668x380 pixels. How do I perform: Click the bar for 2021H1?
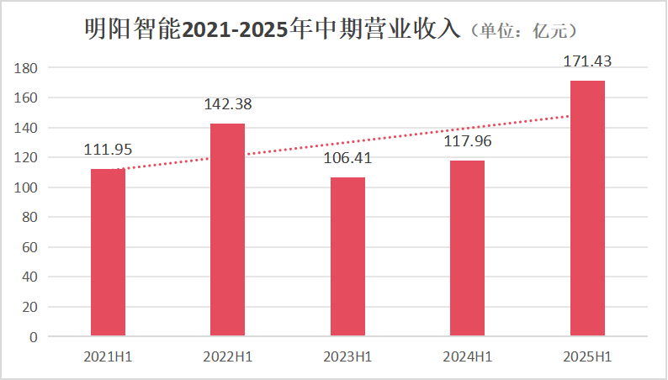108,252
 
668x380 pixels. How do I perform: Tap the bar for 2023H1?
347,256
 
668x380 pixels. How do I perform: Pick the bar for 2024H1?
467,248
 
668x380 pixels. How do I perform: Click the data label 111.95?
108,150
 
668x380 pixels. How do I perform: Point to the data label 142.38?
227,104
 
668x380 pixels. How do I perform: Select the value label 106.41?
347,158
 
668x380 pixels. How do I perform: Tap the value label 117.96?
467,141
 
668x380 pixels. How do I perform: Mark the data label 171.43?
587,61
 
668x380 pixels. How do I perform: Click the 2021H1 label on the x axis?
108,357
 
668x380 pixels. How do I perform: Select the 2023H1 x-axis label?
347,357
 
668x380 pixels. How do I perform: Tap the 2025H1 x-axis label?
587,357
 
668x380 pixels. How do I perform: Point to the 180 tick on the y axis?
28,67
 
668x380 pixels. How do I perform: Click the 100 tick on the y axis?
28,187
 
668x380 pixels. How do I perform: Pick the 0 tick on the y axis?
34,337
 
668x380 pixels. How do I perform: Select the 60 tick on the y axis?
30,247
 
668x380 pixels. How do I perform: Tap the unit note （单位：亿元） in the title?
527,31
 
